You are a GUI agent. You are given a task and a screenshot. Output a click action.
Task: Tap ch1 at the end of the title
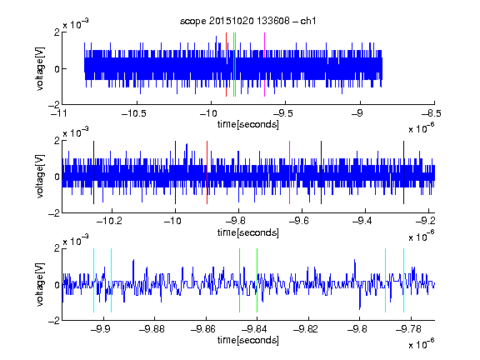(308, 21)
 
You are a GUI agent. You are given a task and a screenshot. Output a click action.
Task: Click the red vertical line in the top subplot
(226, 65)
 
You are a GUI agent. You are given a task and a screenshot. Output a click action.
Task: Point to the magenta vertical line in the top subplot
(264, 65)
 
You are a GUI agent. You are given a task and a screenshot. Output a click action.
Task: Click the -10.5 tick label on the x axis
(134, 114)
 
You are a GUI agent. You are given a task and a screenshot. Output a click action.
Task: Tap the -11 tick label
(59, 114)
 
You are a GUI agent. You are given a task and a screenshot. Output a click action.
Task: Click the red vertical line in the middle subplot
(207, 172)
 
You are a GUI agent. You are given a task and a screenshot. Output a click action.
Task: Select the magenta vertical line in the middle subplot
(290, 172)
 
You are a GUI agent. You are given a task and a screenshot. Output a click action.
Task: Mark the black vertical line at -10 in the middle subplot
(175, 172)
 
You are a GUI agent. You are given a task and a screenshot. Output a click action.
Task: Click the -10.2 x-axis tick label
(109, 221)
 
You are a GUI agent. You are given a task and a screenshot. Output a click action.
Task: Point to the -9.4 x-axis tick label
(362, 221)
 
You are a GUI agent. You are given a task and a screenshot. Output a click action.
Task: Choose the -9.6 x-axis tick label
(299, 221)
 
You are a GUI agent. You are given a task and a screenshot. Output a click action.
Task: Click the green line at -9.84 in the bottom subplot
(257, 280)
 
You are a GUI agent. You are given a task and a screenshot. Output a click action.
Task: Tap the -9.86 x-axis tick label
(203, 329)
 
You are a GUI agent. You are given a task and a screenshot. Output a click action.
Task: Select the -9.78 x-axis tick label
(408, 329)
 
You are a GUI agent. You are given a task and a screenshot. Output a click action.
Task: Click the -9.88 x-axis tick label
(152, 329)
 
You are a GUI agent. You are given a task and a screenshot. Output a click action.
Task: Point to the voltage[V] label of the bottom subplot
(40, 284)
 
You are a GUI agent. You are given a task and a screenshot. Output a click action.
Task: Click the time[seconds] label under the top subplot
(248, 124)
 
